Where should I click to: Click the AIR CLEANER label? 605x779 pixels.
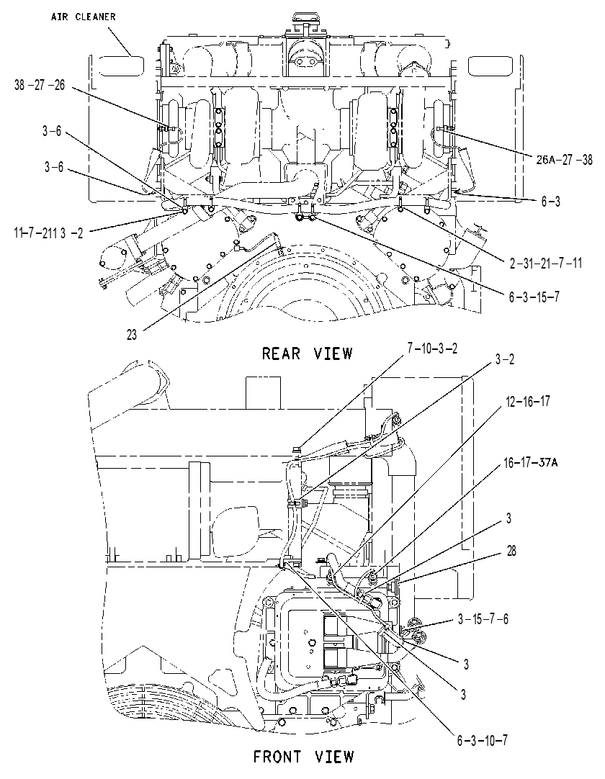[x=83, y=17]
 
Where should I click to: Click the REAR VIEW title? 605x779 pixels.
[x=307, y=354]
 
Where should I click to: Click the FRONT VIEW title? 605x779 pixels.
[x=304, y=757]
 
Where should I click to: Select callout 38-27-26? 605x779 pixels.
[x=40, y=85]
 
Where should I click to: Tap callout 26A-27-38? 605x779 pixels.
[x=564, y=160]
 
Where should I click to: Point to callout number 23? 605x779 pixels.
[x=132, y=335]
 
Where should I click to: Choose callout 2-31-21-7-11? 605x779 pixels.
[x=545, y=262]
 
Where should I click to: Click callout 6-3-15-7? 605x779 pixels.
[x=534, y=297]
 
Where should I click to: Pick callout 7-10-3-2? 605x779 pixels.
[x=432, y=348]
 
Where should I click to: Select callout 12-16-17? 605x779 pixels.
[x=528, y=402]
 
